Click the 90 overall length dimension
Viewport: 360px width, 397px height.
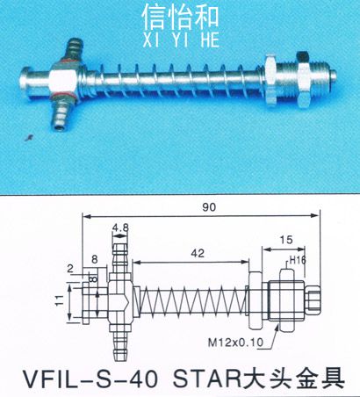[209, 206]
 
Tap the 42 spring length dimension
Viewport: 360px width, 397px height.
[198, 253]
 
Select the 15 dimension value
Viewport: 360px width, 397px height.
[286, 240]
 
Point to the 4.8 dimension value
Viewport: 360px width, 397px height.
[120, 227]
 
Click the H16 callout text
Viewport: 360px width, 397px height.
[298, 260]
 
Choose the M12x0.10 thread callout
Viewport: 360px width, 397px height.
[235, 343]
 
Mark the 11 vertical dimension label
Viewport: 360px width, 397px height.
[60, 300]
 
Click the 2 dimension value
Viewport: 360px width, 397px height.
[70, 269]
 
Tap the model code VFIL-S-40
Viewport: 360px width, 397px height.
[90, 379]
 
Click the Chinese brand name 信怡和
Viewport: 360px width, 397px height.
[180, 18]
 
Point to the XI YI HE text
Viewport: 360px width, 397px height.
[181, 40]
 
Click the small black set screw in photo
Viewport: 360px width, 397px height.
[301, 56]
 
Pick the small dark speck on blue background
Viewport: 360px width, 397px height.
[28, 137]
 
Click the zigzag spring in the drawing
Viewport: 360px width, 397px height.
[193, 300]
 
